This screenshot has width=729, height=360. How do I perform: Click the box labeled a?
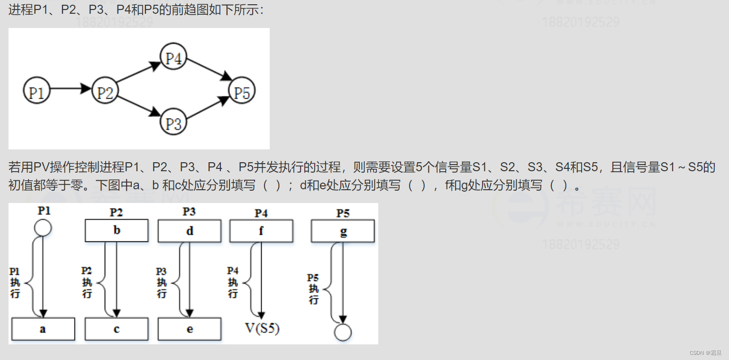[x=43, y=329]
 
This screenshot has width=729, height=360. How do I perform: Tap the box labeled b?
[x=117, y=231]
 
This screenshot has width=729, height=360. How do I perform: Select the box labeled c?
[x=117, y=329]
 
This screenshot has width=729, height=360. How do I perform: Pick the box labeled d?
[x=190, y=231]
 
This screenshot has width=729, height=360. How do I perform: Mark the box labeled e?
[x=190, y=329]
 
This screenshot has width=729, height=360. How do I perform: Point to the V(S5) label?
[x=262, y=328]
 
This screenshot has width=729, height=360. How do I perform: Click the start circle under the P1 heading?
[x=43, y=228]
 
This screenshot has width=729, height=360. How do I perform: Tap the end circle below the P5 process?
[x=343, y=332]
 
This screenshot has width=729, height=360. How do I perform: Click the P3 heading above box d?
[x=190, y=212]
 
